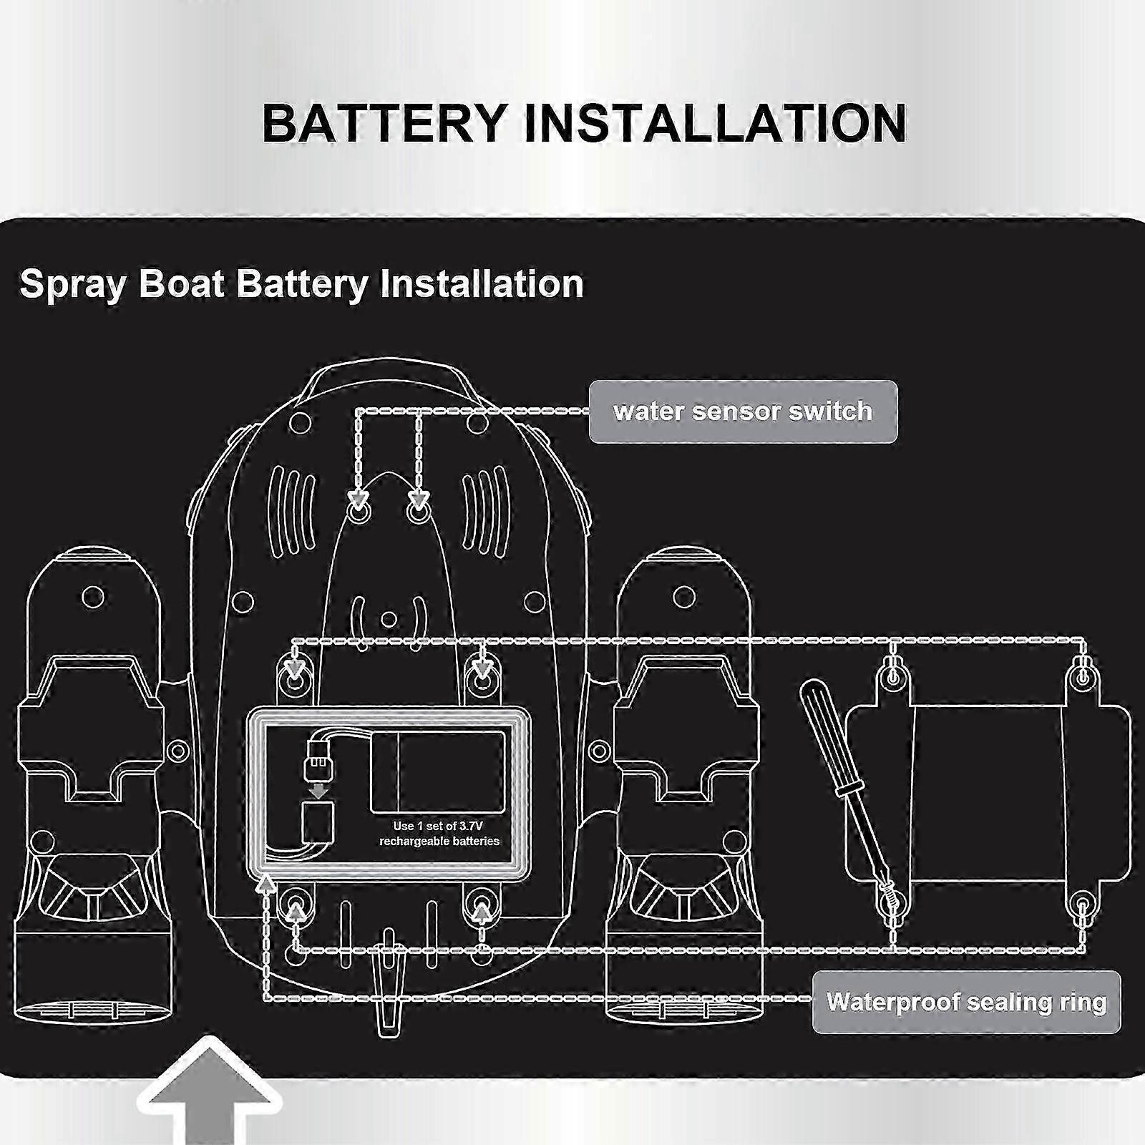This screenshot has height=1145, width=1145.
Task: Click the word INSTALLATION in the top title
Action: (x=715, y=122)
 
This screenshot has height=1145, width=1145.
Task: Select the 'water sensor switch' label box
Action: (x=743, y=411)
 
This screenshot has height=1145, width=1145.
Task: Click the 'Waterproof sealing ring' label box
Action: (x=966, y=1002)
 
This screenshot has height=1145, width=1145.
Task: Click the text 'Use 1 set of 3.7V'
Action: (x=438, y=826)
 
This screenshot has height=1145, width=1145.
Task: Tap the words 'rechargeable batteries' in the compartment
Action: (x=439, y=842)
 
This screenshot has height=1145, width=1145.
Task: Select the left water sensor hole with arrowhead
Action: (x=358, y=511)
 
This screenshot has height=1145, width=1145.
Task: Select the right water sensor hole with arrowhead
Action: (x=418, y=511)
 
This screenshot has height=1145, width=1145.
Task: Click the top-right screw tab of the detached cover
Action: (x=1081, y=676)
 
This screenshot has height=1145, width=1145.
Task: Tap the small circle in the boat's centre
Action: (x=389, y=618)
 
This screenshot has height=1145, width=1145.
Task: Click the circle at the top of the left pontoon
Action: (x=93, y=596)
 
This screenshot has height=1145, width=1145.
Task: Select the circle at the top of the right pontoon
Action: (x=684, y=596)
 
